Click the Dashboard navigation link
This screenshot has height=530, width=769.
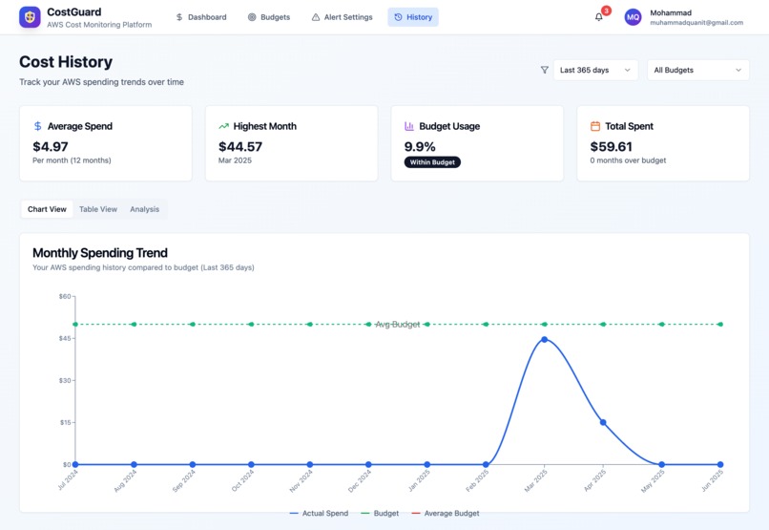coord(201,17)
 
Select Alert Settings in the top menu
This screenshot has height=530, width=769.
coord(342,17)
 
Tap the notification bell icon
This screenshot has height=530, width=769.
coord(599,17)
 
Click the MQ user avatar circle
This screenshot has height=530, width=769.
coord(634,17)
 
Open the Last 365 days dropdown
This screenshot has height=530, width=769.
coord(595,70)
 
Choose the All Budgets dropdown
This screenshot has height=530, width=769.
coord(697,70)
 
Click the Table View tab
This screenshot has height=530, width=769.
coord(98,209)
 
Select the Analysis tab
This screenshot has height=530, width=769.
coord(145,209)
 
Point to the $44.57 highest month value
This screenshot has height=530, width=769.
coord(240,146)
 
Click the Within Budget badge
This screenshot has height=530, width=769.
coord(432,162)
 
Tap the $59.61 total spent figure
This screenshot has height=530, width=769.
coord(612,146)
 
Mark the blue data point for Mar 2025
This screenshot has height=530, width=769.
coord(544,339)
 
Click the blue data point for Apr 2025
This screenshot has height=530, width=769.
coord(603,422)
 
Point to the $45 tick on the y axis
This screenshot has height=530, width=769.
coord(65,338)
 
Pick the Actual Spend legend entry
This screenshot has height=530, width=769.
coord(320,514)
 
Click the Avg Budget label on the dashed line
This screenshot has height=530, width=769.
coord(398,325)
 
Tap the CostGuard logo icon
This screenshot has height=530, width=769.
coord(30,17)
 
